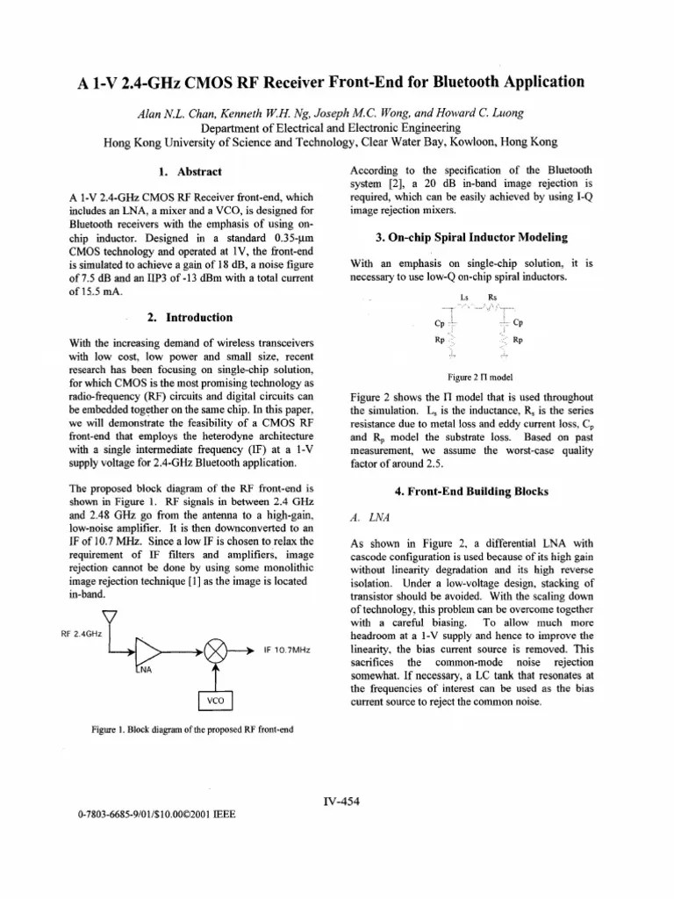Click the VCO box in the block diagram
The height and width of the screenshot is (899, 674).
click(x=214, y=702)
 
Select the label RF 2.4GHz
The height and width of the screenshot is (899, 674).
click(x=79, y=632)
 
